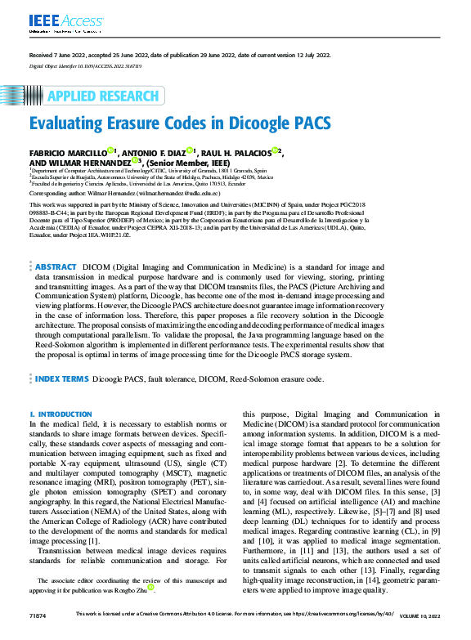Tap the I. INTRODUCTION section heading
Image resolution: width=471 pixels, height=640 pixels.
click(x=60, y=415)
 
